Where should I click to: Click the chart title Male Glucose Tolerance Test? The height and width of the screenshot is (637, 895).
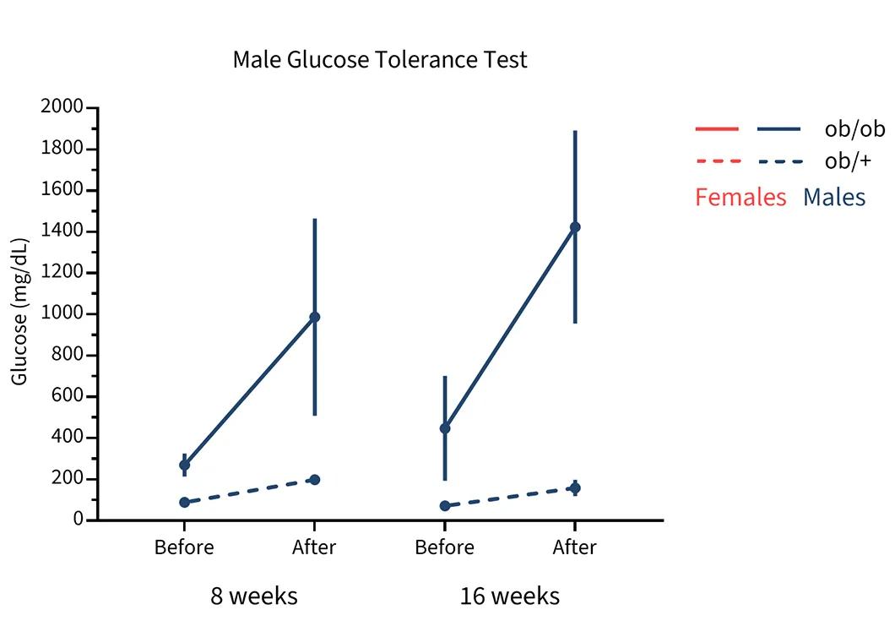(380, 61)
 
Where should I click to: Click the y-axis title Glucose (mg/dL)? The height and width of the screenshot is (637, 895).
(20, 312)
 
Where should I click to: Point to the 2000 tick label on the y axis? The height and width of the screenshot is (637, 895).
(62, 107)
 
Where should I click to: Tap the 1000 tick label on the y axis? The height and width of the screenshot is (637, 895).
(62, 313)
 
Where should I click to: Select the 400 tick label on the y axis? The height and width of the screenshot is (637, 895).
(68, 438)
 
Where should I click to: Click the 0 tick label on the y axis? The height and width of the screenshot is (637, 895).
(79, 520)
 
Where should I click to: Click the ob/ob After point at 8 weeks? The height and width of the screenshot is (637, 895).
(315, 317)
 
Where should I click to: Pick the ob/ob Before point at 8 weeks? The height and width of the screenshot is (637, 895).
(184, 465)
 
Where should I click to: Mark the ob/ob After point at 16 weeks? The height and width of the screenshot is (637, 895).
(575, 226)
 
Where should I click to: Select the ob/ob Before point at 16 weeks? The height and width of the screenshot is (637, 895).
(445, 428)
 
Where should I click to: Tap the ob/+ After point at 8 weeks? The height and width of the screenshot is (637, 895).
(315, 480)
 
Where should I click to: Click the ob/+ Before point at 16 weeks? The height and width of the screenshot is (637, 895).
(445, 506)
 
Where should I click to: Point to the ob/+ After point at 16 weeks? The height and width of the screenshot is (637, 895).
(575, 487)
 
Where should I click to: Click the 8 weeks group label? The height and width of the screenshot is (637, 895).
(253, 596)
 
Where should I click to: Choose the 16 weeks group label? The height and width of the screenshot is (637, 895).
(509, 596)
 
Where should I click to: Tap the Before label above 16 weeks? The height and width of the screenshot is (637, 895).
(444, 547)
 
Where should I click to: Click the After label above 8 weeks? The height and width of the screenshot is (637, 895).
(314, 547)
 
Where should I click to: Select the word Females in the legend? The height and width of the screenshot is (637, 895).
(740, 198)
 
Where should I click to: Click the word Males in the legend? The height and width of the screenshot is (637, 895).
(834, 198)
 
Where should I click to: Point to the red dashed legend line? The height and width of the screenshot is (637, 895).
(718, 161)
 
